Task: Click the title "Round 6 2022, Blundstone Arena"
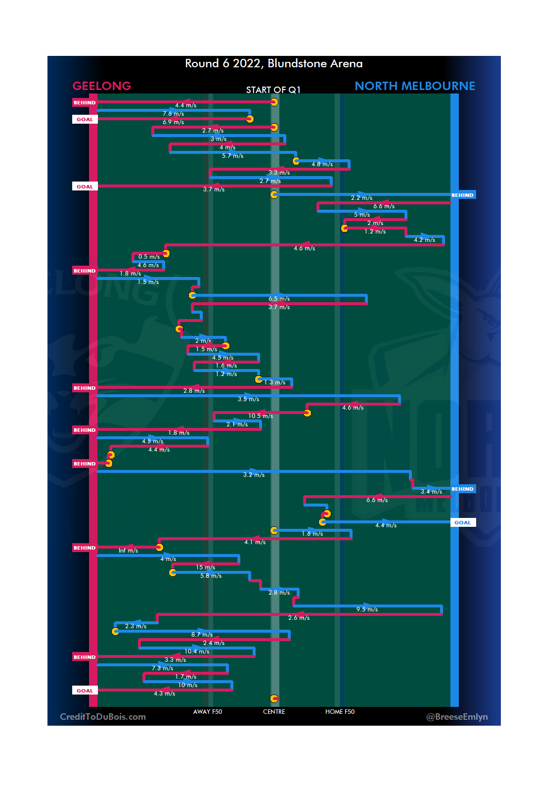[273, 64]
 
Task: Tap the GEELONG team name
[102, 86]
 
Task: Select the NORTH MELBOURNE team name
[414, 86]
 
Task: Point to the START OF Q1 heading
[273, 90]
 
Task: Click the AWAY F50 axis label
[207, 712]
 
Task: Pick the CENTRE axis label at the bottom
[274, 712]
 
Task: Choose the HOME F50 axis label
[340, 712]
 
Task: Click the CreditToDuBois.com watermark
[103, 717]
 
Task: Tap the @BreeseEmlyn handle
[457, 717]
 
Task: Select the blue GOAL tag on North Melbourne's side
[463, 522]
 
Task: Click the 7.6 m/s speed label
[173, 114]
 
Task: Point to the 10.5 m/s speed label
[261, 416]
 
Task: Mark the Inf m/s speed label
[128, 551]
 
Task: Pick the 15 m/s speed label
[205, 567]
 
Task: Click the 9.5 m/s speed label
[367, 609]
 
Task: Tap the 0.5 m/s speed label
[149, 257]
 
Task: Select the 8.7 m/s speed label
[202, 635]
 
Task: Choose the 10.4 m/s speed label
[197, 651]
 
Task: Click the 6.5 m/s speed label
[279, 299]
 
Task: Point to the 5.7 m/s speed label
[232, 156]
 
